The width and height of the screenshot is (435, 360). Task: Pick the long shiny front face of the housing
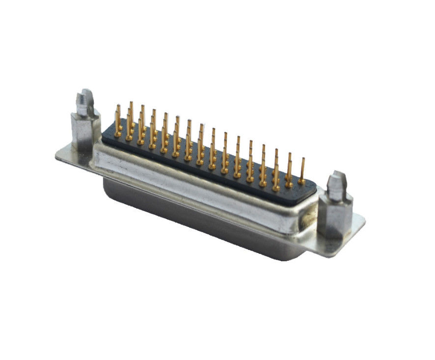tap(196, 182)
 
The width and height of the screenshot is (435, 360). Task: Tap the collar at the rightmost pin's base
tap(301, 182)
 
